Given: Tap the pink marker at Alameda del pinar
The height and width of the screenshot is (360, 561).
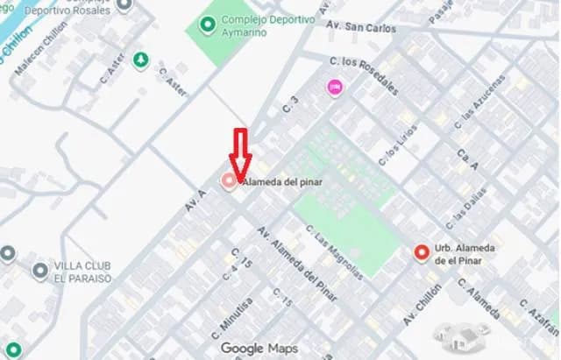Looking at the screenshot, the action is (x=229, y=181).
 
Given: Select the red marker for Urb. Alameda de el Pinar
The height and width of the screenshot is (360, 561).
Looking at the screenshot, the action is (x=422, y=253).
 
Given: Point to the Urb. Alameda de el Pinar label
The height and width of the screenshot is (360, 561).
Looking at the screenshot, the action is (x=465, y=254).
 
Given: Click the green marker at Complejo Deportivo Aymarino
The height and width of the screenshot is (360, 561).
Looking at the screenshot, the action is (x=207, y=25).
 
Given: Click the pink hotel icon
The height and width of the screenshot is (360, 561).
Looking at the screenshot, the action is (x=334, y=87).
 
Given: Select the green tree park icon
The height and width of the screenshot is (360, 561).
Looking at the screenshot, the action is (x=140, y=60).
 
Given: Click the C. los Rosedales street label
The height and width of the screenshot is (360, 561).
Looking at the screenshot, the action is (x=366, y=76).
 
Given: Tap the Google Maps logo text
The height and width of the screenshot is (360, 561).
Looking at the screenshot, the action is (x=259, y=348).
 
